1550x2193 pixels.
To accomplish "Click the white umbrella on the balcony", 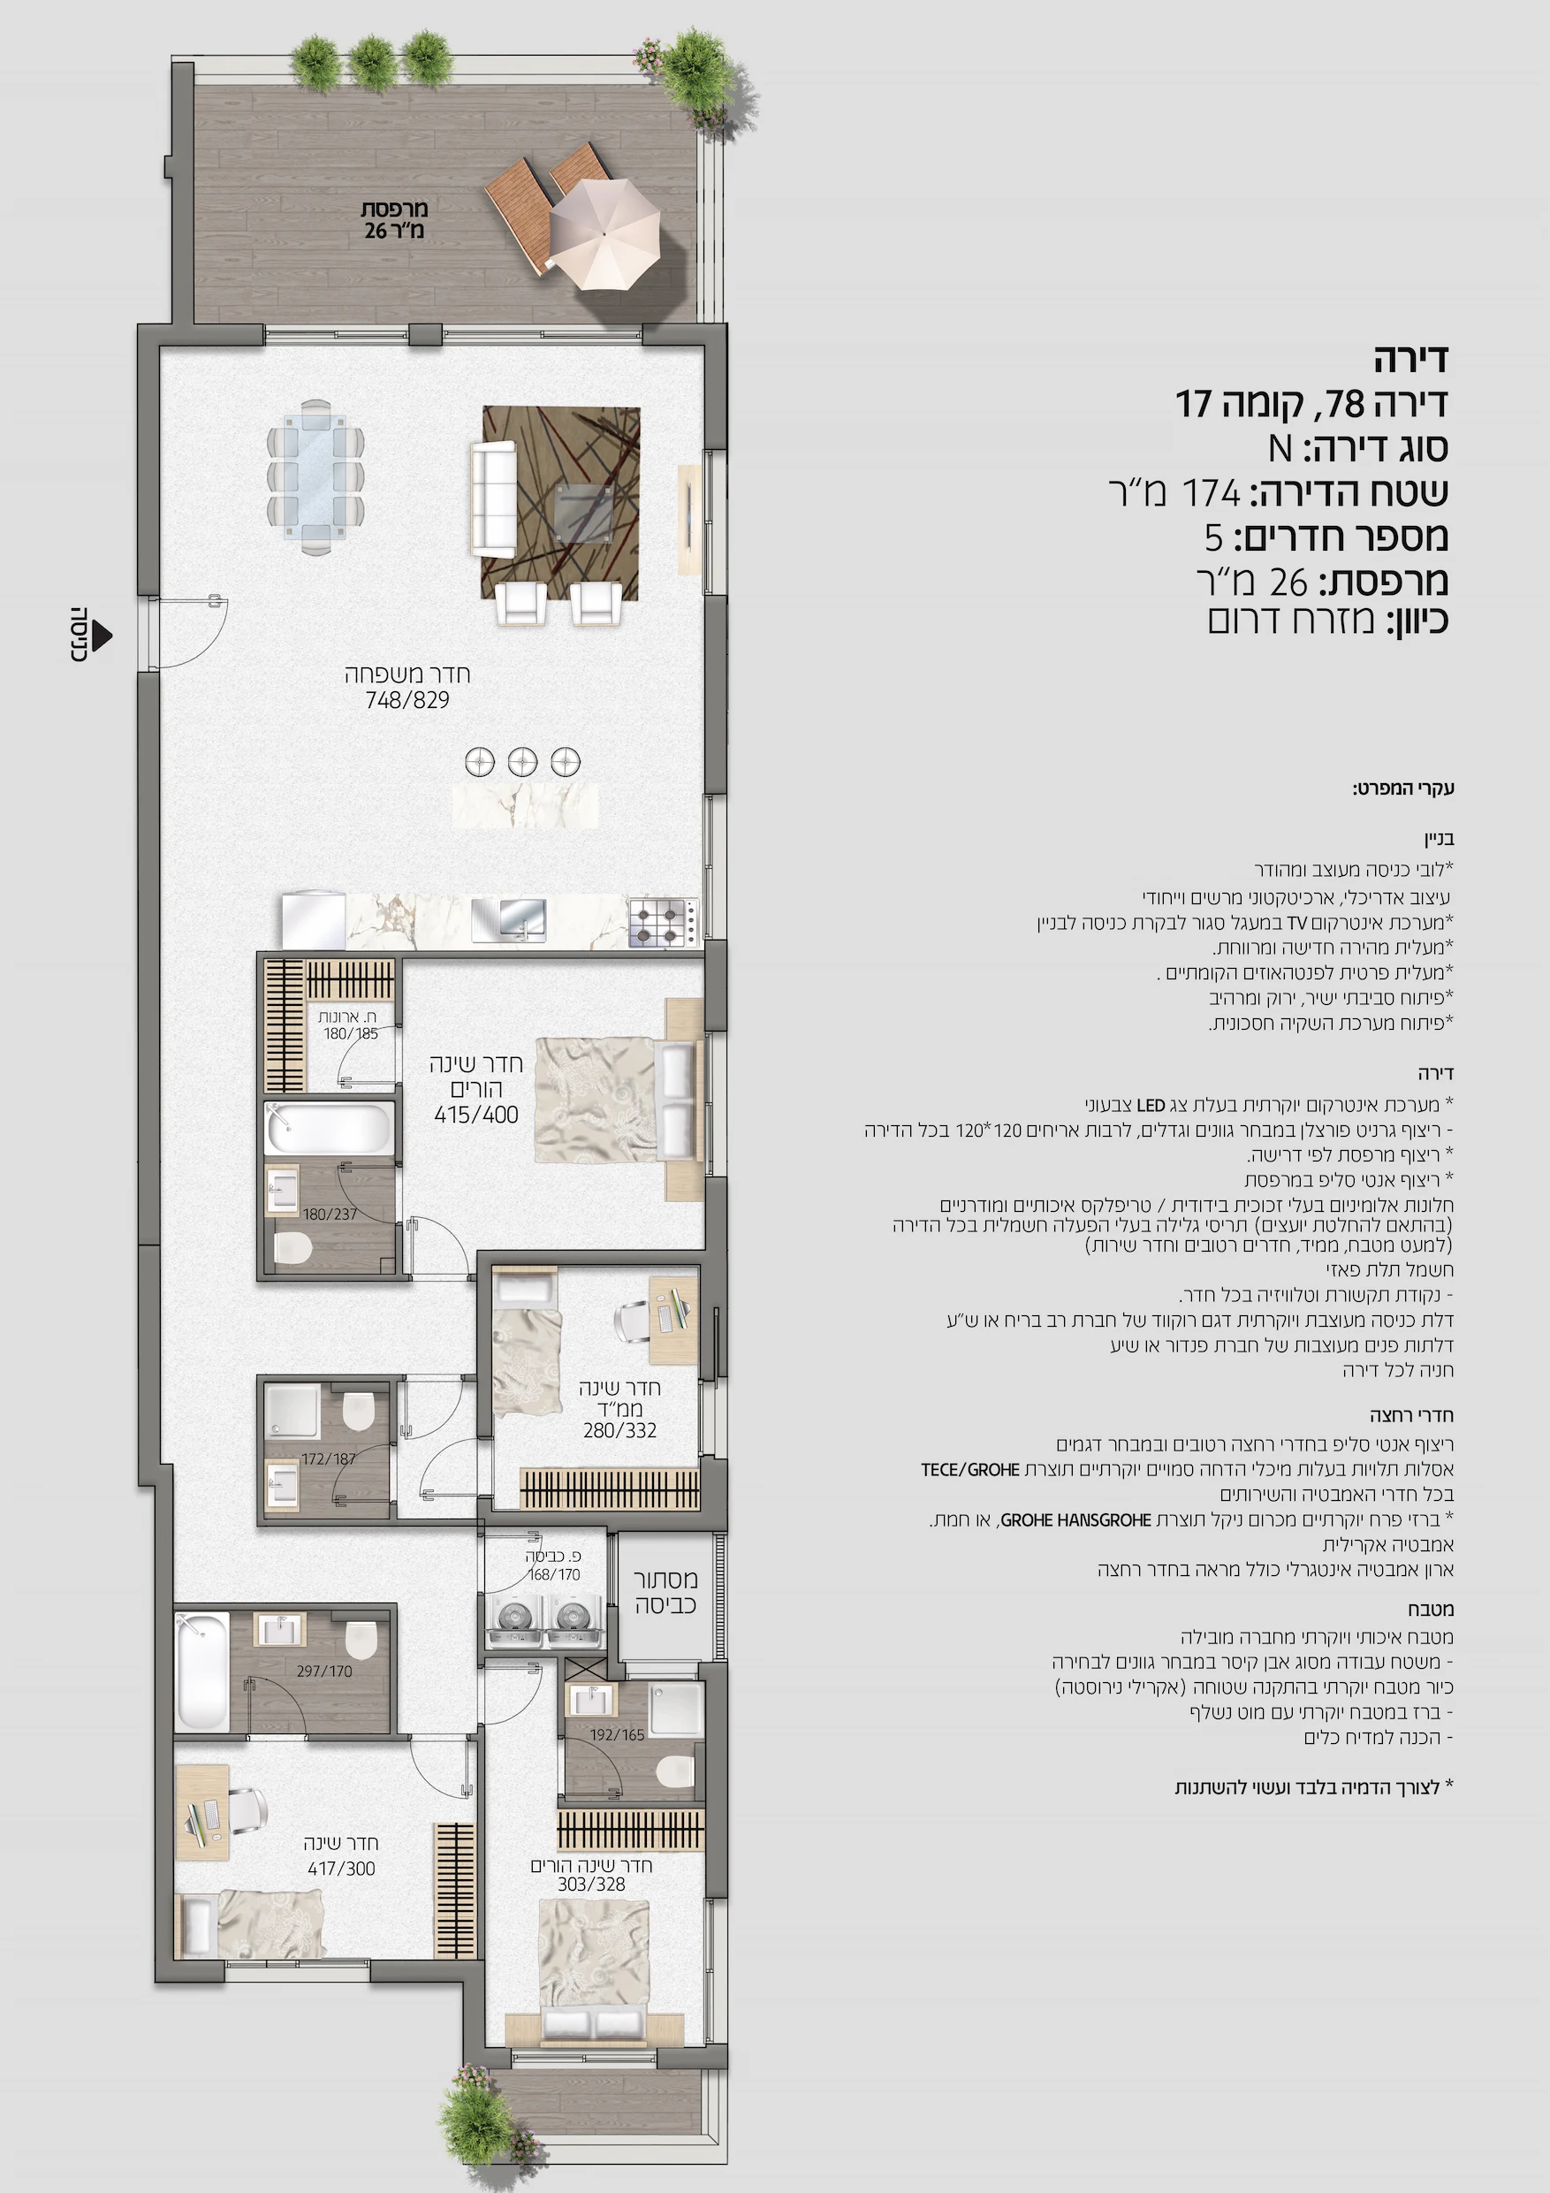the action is (604, 234).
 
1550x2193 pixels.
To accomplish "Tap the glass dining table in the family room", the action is (316, 476).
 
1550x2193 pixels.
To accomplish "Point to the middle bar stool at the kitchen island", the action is (522, 761).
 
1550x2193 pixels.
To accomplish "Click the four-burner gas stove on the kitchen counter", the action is (664, 923).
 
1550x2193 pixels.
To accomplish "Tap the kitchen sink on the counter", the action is (509, 920).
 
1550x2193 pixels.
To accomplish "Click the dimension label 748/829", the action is (406, 700).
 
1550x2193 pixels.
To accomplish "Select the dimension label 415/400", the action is (475, 1115).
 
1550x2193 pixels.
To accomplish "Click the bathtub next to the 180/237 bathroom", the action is (331, 1128).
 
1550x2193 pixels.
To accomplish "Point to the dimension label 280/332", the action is (619, 1430).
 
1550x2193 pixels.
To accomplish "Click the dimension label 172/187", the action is (329, 1458).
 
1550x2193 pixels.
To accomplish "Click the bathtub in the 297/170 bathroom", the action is (202, 1671).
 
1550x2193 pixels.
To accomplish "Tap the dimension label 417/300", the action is (341, 1869).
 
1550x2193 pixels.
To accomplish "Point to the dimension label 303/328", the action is (591, 1884).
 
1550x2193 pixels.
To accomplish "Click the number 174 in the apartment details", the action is (1211, 493).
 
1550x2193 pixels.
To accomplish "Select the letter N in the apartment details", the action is (1280, 448).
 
